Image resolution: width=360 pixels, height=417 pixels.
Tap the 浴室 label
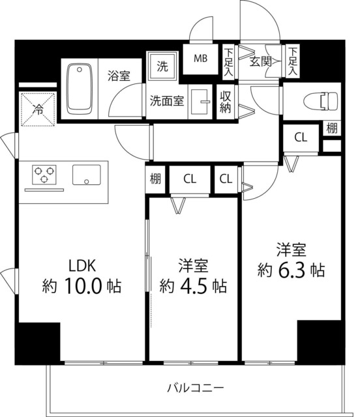point(119,76)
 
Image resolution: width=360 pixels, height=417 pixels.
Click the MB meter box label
point(200,58)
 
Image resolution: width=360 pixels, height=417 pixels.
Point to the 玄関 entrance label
point(260,61)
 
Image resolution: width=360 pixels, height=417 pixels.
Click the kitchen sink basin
point(87,175)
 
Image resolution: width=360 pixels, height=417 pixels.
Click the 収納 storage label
point(226,102)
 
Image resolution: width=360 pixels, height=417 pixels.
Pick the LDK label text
point(83,265)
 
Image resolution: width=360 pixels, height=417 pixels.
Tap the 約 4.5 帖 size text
point(194,285)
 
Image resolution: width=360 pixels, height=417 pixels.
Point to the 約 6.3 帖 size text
point(291,270)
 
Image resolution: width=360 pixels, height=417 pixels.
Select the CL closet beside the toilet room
point(300,137)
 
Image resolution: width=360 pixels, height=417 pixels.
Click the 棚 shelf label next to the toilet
point(332,128)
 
